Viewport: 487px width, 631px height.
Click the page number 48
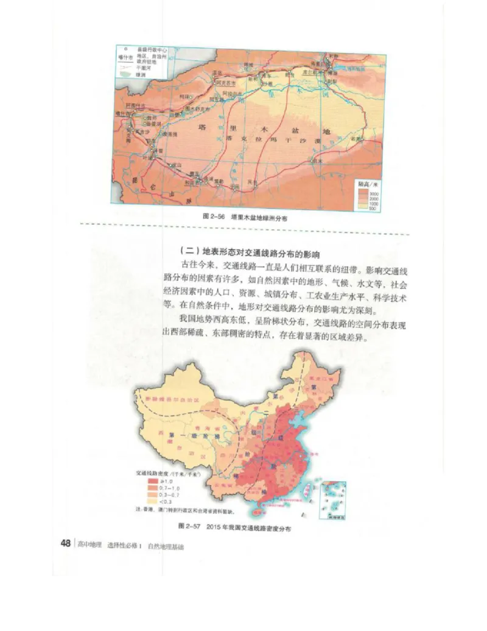click(66, 544)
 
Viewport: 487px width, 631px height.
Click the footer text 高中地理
click(89, 545)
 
